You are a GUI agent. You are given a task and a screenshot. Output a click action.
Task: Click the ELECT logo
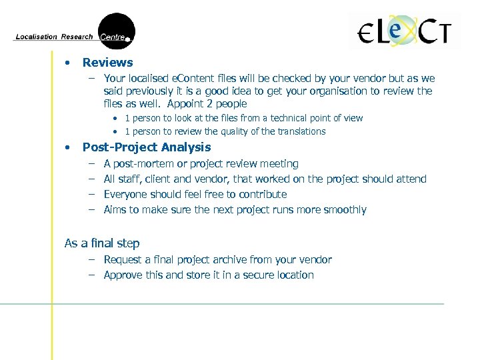pyautogui.click(x=405, y=31)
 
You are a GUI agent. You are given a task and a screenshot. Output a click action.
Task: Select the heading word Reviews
pyautogui.click(x=107, y=63)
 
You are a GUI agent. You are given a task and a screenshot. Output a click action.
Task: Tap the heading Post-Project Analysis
pyautogui.click(x=146, y=147)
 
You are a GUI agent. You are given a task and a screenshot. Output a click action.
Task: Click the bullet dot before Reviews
pyautogui.click(x=67, y=63)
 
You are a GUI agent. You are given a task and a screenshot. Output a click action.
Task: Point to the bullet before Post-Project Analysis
pyautogui.click(x=67, y=147)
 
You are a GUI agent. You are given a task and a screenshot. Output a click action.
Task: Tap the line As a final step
pyautogui.click(x=102, y=243)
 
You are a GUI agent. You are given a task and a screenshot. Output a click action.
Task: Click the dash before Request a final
pyautogui.click(x=89, y=259)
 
